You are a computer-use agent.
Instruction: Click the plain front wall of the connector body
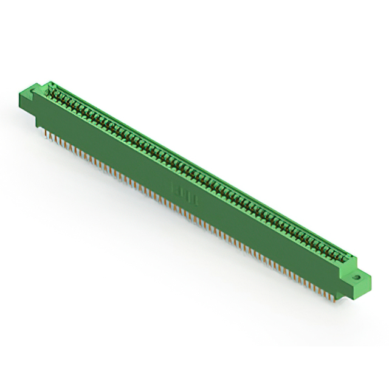(x=243, y=219)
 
